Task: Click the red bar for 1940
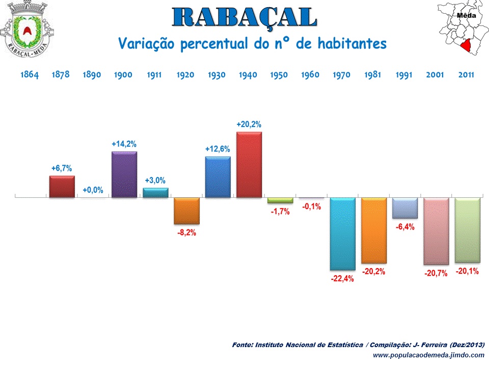pos(249,165)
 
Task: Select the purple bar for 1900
pos(124,174)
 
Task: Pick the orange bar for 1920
pos(186,211)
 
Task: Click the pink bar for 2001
pos(436,231)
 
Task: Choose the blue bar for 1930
pos(218,177)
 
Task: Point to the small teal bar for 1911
pos(155,193)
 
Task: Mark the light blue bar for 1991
pos(404,208)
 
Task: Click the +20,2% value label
pos(249,124)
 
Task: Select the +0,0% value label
pos(93,190)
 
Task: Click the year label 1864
pos(30,75)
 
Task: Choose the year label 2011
pos(466,75)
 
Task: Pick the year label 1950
pos(279,75)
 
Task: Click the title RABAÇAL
pos(244,18)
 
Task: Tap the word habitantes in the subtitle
pos(352,44)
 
